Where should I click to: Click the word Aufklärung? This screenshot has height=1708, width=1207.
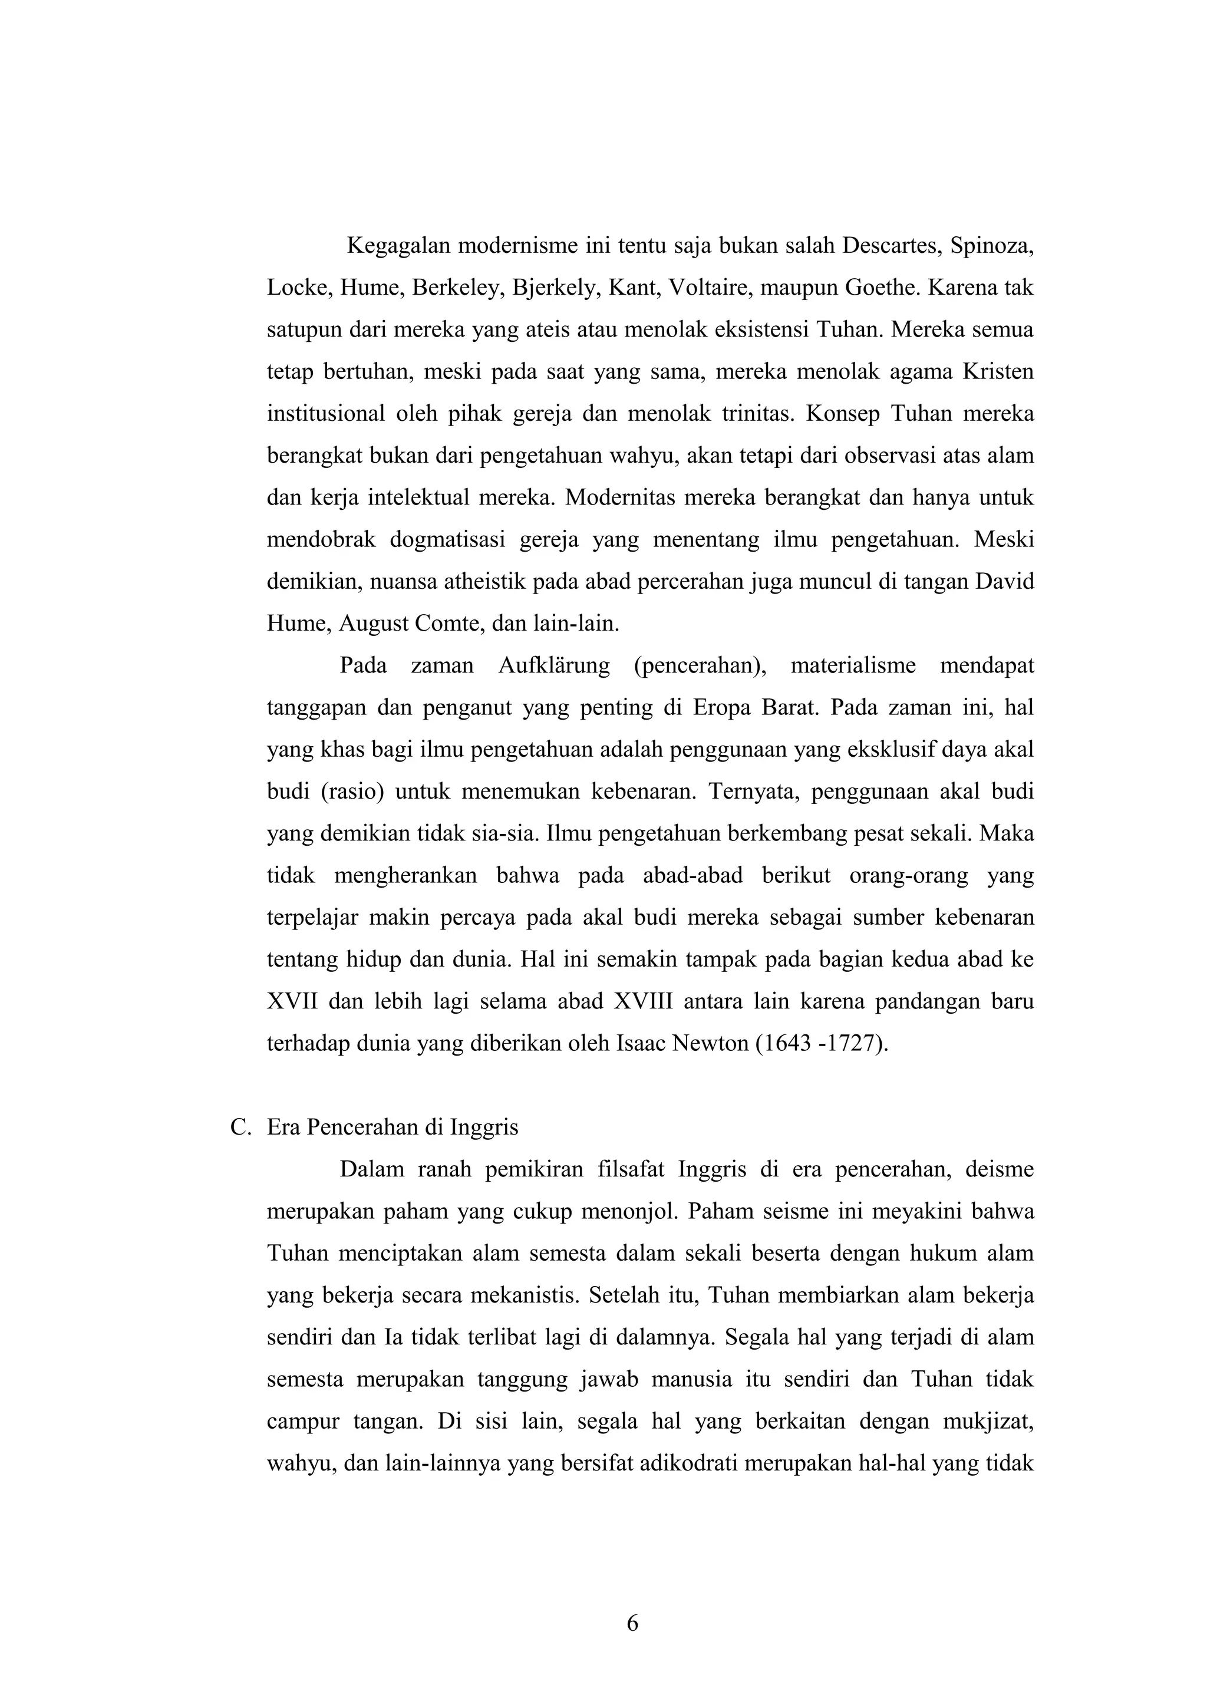click(x=554, y=666)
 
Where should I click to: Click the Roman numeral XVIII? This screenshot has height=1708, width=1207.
click(x=642, y=1002)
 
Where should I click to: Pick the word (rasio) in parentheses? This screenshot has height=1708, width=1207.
click(x=352, y=792)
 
